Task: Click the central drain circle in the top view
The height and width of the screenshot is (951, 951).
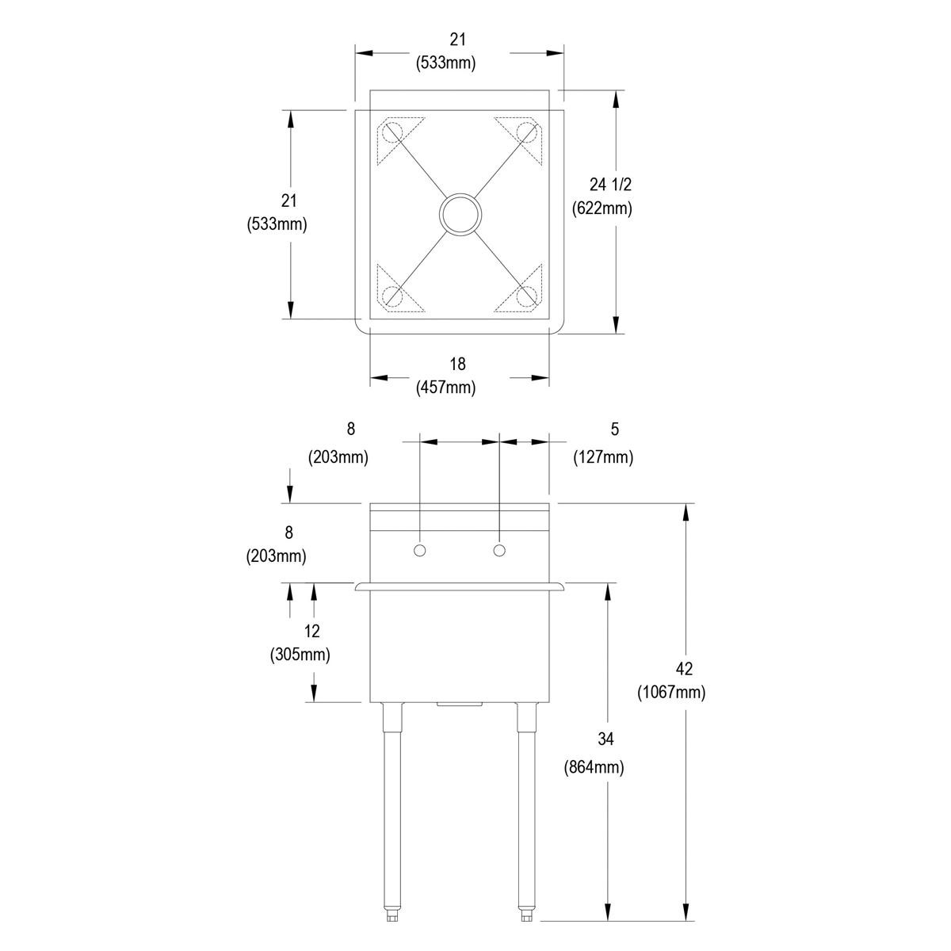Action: pyautogui.click(x=460, y=214)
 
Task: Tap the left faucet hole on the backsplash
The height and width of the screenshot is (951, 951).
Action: pyautogui.click(x=420, y=550)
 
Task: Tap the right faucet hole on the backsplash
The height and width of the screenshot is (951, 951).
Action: pyautogui.click(x=499, y=550)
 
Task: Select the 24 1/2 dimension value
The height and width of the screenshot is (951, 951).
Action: pyautogui.click(x=610, y=185)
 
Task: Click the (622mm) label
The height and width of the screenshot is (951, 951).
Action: pyautogui.click(x=602, y=208)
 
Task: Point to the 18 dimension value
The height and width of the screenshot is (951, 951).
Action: pyautogui.click(x=457, y=364)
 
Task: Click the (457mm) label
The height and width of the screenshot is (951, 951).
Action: pyautogui.click(x=446, y=388)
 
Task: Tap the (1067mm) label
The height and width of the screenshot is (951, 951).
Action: pyautogui.click(x=671, y=693)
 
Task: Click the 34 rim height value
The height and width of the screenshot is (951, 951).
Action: pyautogui.click(x=605, y=739)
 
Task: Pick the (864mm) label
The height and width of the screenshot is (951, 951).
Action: pyautogui.click(x=594, y=767)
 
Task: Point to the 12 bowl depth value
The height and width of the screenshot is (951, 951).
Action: pyautogui.click(x=311, y=631)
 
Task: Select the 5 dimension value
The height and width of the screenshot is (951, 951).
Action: pyautogui.click(x=614, y=429)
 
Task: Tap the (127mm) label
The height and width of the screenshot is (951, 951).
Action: pyautogui.click(x=603, y=457)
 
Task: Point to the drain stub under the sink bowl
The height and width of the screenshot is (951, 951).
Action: pyautogui.click(x=460, y=705)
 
